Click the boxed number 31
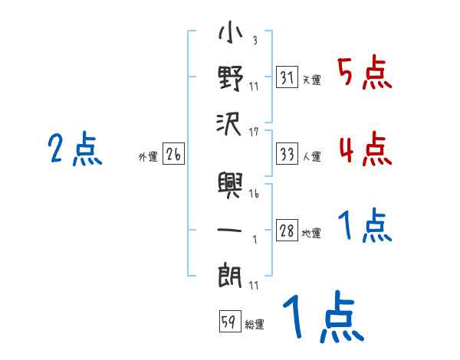pos(287,78)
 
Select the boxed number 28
pos(287,231)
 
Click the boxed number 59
pos(228,322)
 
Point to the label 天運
pos(311,80)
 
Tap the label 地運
pos(311,233)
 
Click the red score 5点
pos(365,74)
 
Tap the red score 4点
pos(365,148)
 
